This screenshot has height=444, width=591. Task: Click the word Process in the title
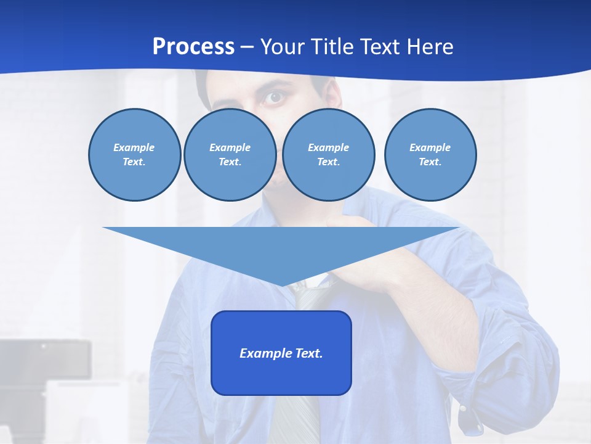pos(193,46)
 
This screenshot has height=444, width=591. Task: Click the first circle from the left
pos(134,154)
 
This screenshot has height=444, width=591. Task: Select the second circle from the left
pos(230,154)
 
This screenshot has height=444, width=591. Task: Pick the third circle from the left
pos(328,154)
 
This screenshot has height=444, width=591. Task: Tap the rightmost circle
pos(430,154)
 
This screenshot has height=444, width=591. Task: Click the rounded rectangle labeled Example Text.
pos(281,353)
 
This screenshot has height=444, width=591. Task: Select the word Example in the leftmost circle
pos(134,147)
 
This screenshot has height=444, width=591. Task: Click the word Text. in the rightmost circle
pos(430,162)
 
